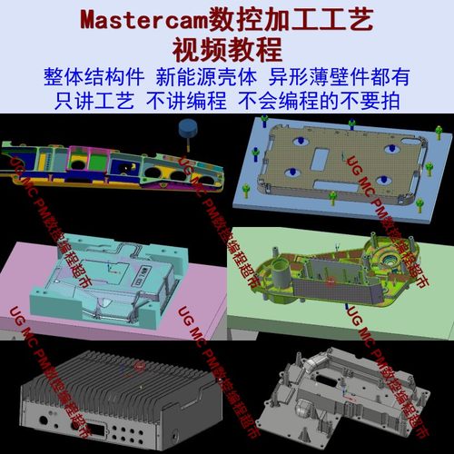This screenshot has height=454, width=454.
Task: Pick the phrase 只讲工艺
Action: click(x=91, y=99)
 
